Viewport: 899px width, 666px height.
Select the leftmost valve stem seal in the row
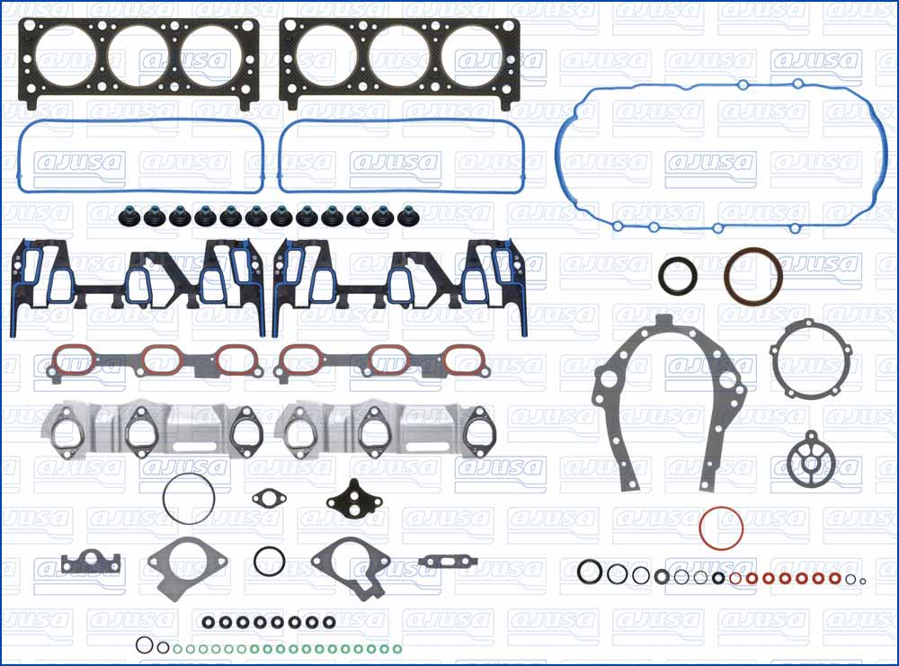pos(125,217)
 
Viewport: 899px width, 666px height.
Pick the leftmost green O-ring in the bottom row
pos(177,648)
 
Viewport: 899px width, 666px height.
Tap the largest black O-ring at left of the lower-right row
pos(590,572)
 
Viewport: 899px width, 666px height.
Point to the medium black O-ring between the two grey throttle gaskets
pos(269,561)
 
